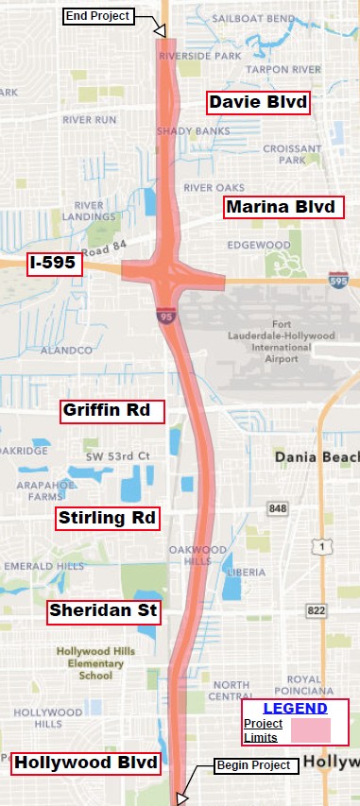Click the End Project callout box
click(97, 16)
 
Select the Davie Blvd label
click(258, 102)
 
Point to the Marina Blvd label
click(282, 207)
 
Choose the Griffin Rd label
click(111, 411)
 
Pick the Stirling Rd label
click(107, 518)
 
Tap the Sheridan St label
click(104, 610)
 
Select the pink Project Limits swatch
click(310, 730)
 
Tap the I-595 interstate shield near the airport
click(337, 281)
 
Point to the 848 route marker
click(277, 508)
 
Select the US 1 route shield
click(323, 545)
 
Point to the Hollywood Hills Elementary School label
click(90, 663)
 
